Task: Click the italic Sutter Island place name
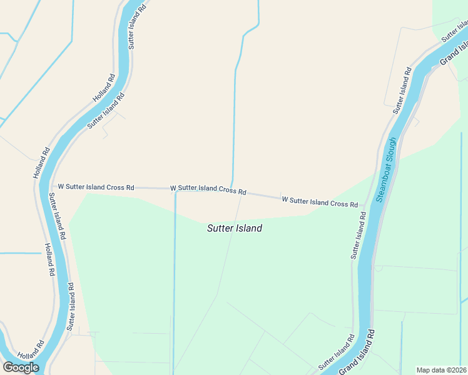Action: (235, 229)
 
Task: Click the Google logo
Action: (21, 367)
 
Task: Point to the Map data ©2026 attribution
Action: (441, 369)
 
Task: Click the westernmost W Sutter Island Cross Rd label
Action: (96, 187)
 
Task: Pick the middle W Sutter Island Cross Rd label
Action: (208, 189)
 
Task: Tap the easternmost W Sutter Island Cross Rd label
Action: (320, 202)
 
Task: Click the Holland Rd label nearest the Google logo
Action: (31, 346)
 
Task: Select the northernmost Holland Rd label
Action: (104, 88)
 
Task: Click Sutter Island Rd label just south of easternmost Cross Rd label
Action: (359, 235)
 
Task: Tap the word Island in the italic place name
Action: (249, 229)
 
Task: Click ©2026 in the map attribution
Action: (455, 369)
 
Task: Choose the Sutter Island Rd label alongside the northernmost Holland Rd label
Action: (106, 111)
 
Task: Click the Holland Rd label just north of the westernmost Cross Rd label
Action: (41, 162)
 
